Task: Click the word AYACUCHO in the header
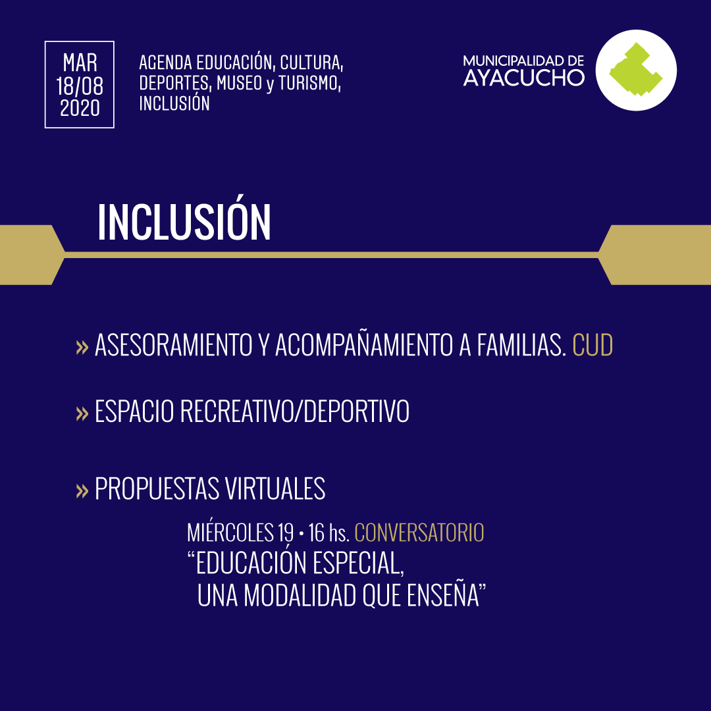click(x=524, y=78)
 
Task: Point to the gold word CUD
click(x=592, y=345)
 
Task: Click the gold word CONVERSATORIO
click(x=419, y=533)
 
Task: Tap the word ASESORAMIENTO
click(x=174, y=345)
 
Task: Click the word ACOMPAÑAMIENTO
click(x=364, y=345)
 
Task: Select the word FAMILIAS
click(x=521, y=345)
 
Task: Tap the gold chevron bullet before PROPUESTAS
click(x=82, y=490)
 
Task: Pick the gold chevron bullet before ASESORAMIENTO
click(x=82, y=348)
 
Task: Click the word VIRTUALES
click(x=275, y=488)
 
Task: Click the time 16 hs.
click(x=329, y=533)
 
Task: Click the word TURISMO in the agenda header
click(x=309, y=82)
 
